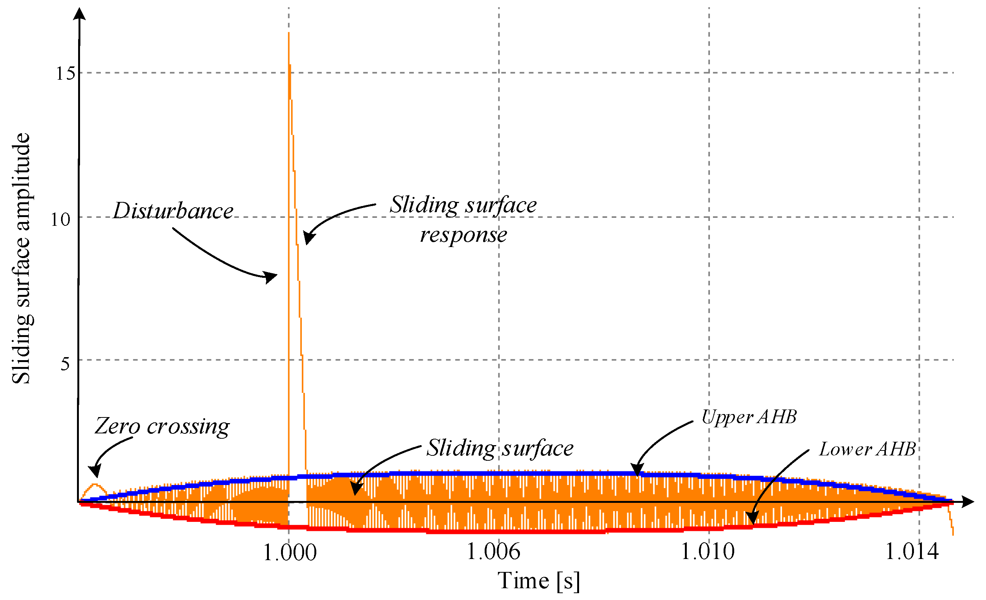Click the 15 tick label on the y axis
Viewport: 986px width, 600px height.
pyautogui.click(x=65, y=74)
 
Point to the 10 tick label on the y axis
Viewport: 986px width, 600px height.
pyautogui.click(x=60, y=219)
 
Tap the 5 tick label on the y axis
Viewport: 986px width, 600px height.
pyautogui.click(x=65, y=364)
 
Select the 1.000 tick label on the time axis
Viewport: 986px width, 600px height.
pyautogui.click(x=290, y=552)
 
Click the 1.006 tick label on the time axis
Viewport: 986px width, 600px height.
pyautogui.click(x=493, y=551)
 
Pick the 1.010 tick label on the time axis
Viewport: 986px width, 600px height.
pyautogui.click(x=708, y=551)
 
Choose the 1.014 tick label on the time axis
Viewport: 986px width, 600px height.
pyautogui.click(x=912, y=551)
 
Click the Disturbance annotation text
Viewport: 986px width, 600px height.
pyautogui.click(x=173, y=211)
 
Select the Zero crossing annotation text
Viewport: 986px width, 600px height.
pyautogui.click(x=162, y=426)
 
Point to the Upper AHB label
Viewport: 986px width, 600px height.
pyautogui.click(x=749, y=417)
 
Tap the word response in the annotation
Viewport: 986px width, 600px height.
pyautogui.click(x=463, y=235)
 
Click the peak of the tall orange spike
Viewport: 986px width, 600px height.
pyautogui.click(x=289, y=34)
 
